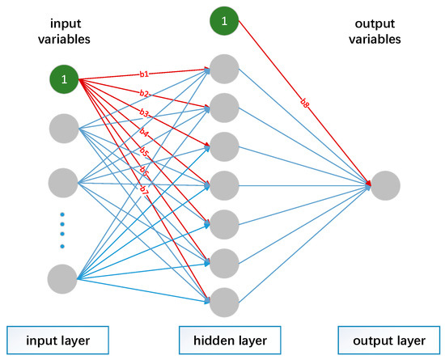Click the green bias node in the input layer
pyautogui.click(x=64, y=79)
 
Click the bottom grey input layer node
pyautogui.click(x=64, y=277)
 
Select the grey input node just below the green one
pyautogui.click(x=64, y=129)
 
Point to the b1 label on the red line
pyautogui.click(x=146, y=74)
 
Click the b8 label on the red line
pyautogui.click(x=303, y=103)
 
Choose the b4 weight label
pyautogui.click(x=145, y=132)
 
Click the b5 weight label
pyautogui.click(x=145, y=151)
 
